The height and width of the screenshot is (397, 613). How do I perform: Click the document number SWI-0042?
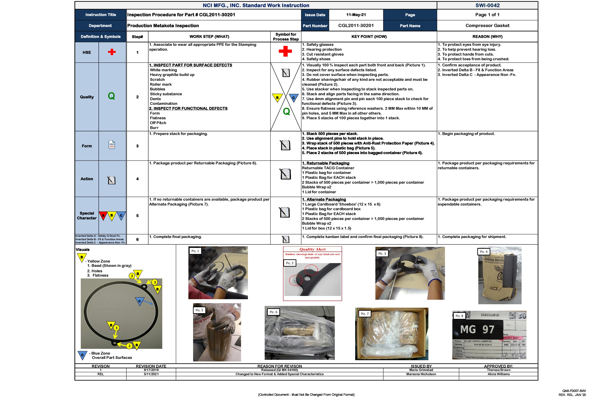(x=487, y=5)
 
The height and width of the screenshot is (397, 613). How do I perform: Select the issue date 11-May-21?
(x=356, y=15)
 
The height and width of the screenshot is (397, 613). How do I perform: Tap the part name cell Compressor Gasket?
(x=487, y=25)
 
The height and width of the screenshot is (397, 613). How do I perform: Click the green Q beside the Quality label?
(x=111, y=96)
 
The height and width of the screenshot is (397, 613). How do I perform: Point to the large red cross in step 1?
(x=285, y=51)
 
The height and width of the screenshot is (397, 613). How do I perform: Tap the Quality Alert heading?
(x=312, y=249)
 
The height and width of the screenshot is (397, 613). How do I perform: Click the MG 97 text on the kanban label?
(x=477, y=330)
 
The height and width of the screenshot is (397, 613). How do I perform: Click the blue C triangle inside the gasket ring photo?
(x=139, y=301)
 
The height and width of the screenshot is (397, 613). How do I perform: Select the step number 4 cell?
(x=137, y=179)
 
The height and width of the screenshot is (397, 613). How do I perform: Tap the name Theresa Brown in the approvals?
(x=498, y=370)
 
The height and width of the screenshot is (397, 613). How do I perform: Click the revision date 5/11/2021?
(x=151, y=374)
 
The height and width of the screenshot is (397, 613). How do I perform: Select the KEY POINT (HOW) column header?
(x=369, y=37)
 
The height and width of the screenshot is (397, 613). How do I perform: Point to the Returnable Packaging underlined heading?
(x=326, y=163)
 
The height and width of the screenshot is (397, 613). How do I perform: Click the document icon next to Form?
(x=112, y=145)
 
